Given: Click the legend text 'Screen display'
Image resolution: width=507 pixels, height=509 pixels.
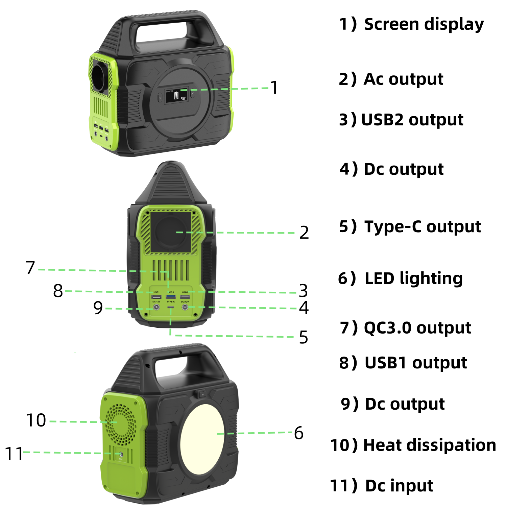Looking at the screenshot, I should click(424, 24).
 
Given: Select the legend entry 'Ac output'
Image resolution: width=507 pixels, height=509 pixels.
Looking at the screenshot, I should click(403, 79).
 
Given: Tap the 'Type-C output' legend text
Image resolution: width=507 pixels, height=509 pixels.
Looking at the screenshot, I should click(422, 226).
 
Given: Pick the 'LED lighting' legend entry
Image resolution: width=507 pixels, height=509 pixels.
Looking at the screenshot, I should click(413, 278).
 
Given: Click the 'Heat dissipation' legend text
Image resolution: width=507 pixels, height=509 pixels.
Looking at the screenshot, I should click(429, 445).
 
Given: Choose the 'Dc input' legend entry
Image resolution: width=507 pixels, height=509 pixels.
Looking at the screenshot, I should click(399, 486).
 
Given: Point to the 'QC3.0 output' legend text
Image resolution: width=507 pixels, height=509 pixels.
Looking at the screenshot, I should click(417, 328).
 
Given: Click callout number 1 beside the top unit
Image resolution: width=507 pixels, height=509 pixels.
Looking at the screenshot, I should click(274, 88).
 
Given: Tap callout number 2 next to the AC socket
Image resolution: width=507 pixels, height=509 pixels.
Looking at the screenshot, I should click(304, 233).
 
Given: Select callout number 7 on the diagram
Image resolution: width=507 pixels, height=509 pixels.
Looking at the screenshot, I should click(30, 268).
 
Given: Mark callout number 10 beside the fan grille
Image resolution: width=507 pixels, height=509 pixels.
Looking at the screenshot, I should click(36, 420).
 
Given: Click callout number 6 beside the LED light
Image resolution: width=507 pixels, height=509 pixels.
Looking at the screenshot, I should click(298, 433).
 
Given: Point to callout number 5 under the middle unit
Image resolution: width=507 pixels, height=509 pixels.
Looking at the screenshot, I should click(303, 337).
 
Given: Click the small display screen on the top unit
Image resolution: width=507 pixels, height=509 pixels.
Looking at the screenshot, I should click(176, 96).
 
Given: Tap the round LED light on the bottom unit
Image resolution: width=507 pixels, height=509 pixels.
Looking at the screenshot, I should click(202, 434).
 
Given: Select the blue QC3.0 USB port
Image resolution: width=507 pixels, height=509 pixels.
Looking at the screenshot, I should click(171, 297).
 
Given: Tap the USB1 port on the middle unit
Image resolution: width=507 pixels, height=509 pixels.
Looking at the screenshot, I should click(156, 297).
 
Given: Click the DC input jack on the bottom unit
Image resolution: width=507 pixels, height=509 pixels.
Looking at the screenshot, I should click(121, 454).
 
